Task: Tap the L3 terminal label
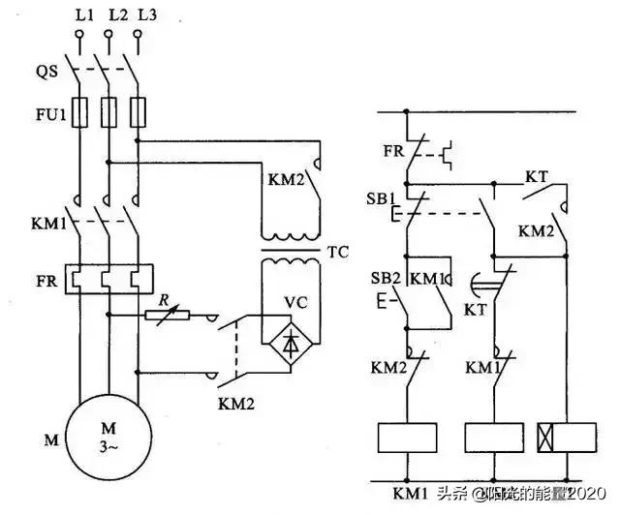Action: [x=145, y=15]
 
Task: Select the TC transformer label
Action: [x=338, y=254]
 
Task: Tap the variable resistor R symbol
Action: [x=167, y=314]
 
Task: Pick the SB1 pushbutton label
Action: [x=381, y=197]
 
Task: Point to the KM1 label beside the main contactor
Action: [x=47, y=225]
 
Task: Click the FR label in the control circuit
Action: [x=393, y=151]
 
